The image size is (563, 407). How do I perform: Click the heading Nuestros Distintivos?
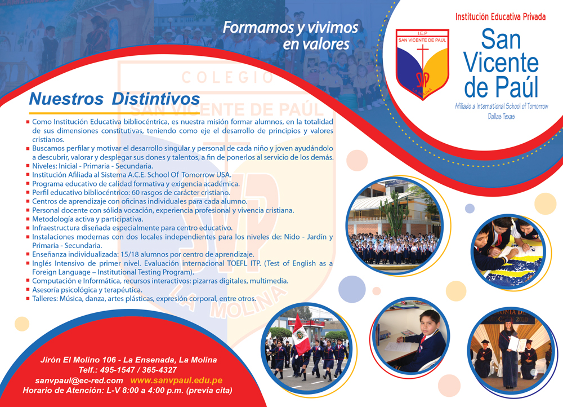pos(114,99)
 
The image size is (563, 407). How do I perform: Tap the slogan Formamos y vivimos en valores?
pos(291,36)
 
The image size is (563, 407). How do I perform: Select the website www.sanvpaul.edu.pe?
pos(176,381)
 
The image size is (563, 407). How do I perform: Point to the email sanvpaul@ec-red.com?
pos(79,381)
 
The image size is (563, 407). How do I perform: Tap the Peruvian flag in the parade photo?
pos(301,335)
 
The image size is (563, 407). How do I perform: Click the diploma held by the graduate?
pos(517,344)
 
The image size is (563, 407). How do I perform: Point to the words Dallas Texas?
pos(501,116)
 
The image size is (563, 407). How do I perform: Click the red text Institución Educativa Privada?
pos(501,16)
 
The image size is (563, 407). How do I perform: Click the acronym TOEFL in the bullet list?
pos(237,263)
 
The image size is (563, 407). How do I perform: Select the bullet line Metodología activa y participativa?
pos(88,219)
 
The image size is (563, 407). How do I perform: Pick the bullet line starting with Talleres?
pos(144,299)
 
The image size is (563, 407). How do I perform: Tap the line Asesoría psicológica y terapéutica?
pos(87,290)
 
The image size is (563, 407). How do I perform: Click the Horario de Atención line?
pos(127,391)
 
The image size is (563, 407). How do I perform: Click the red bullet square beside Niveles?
pos(28,166)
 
